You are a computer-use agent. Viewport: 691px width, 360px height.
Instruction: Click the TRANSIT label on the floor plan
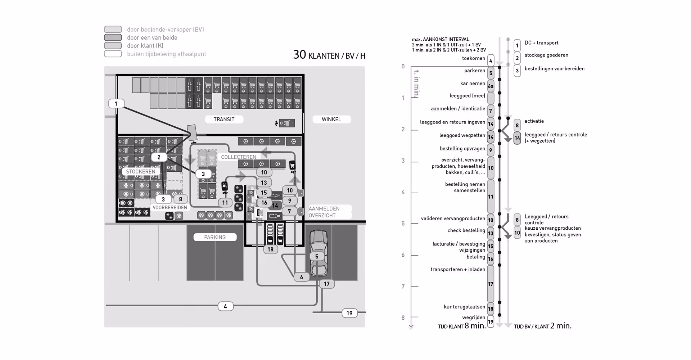[x=224, y=119]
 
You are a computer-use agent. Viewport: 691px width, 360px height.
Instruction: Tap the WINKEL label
[x=331, y=119]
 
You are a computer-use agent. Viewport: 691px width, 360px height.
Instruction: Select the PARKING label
[x=215, y=237]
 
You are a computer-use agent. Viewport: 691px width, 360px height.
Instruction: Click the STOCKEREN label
[x=141, y=171]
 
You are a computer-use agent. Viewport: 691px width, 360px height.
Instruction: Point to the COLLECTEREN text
[x=239, y=157]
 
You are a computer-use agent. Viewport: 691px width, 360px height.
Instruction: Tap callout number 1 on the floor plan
[x=116, y=104]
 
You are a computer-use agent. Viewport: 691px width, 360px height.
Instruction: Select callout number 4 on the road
[x=225, y=306]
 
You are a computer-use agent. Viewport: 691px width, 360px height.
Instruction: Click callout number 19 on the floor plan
[x=349, y=313]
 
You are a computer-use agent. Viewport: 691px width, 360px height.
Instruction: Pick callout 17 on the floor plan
[x=326, y=284]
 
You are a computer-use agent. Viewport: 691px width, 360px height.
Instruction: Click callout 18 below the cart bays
[x=270, y=249]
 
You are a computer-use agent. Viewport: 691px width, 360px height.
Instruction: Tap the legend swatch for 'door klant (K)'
[x=113, y=46]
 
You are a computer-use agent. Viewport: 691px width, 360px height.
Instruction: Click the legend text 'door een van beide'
[x=152, y=37]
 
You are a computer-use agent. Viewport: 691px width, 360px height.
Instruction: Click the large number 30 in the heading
[x=299, y=55]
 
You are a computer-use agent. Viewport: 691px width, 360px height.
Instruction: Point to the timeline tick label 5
[x=403, y=223]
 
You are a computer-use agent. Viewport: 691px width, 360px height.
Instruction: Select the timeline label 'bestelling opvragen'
[x=462, y=148]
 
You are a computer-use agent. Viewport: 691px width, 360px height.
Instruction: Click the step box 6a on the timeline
[x=491, y=86]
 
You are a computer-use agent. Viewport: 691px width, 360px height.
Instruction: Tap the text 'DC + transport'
[x=541, y=42]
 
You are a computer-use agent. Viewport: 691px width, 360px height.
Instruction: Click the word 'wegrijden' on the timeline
[x=474, y=317]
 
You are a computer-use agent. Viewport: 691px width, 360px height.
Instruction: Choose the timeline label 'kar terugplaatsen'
[x=464, y=307]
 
